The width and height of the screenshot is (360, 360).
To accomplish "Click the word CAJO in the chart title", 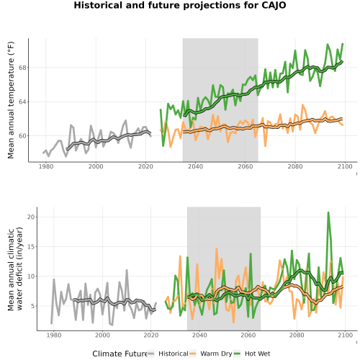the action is point(274,5).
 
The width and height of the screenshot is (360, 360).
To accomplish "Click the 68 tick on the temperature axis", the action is point(22,68).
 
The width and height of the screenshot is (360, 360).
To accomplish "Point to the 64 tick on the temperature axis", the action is point(22,102).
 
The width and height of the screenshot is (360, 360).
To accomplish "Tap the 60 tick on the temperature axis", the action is point(22,136).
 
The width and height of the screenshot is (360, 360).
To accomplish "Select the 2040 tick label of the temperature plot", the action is point(195,166).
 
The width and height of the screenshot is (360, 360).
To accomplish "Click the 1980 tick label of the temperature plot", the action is point(46,166).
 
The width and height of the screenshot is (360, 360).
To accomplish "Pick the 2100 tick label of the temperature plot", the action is point(345,166).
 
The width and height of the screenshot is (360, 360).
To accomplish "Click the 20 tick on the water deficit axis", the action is point(31,217).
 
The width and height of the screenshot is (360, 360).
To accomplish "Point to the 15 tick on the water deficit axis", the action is point(31,247).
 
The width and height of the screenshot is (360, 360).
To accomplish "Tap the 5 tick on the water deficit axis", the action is point(33,306).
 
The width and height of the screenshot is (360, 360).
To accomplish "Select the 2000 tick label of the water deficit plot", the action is point(102,335).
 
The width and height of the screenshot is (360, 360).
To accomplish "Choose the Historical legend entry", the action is point(168,354).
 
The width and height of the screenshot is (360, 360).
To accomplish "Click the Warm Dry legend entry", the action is point(211,354).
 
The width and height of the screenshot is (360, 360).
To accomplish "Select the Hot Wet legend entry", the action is point(252,354).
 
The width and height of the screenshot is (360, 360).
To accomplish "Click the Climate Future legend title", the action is point(120,354).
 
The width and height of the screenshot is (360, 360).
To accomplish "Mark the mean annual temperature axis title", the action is point(11,100).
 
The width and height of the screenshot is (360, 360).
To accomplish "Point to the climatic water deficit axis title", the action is point(15,269).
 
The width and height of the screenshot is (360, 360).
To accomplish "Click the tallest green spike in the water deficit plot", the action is point(328,212).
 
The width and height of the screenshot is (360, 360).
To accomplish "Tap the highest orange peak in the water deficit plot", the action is point(217,249).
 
